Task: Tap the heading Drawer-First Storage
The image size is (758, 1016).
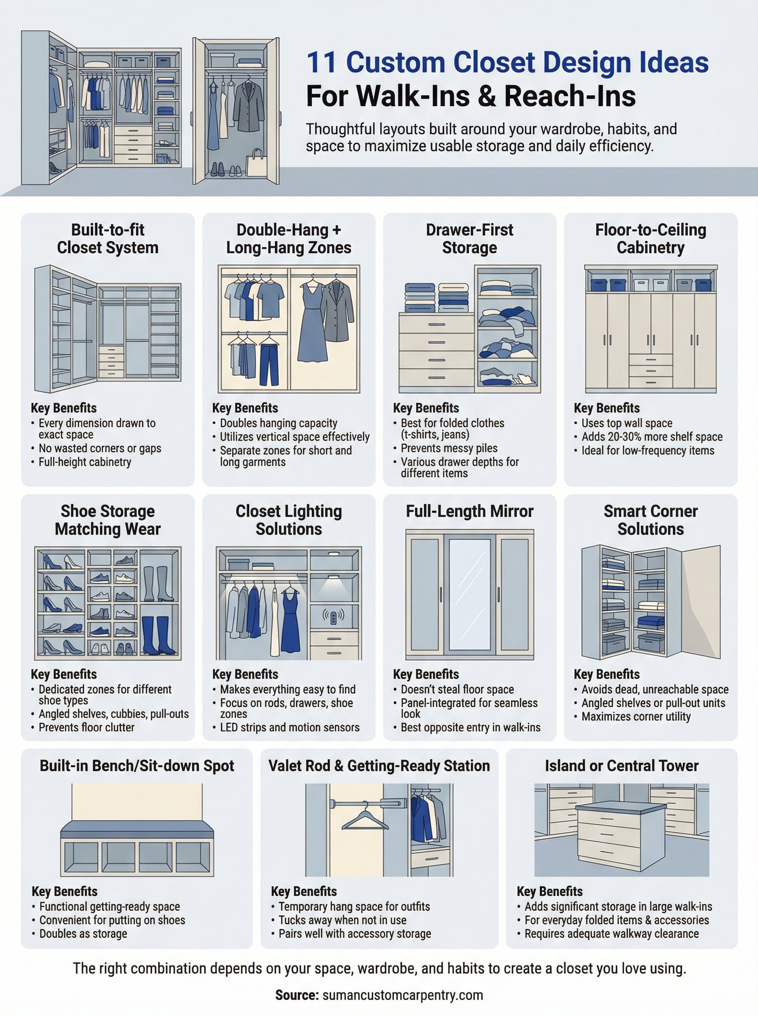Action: coord(469,238)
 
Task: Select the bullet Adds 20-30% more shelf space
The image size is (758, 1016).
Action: coord(651,436)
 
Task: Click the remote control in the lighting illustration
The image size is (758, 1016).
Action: coord(334,616)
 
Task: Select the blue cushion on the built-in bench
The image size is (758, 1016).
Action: coord(137,829)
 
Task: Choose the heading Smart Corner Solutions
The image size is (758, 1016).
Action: coord(650,520)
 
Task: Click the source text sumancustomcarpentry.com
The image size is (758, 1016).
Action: coord(402,995)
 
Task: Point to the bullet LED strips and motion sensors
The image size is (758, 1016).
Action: coord(289,727)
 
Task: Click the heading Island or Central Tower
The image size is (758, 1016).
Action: coord(621,766)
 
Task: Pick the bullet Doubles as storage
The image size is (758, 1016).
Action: coord(83,933)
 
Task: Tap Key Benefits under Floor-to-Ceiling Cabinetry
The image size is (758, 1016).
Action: coord(606,408)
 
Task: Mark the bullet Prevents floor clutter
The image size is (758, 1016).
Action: coord(86,727)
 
